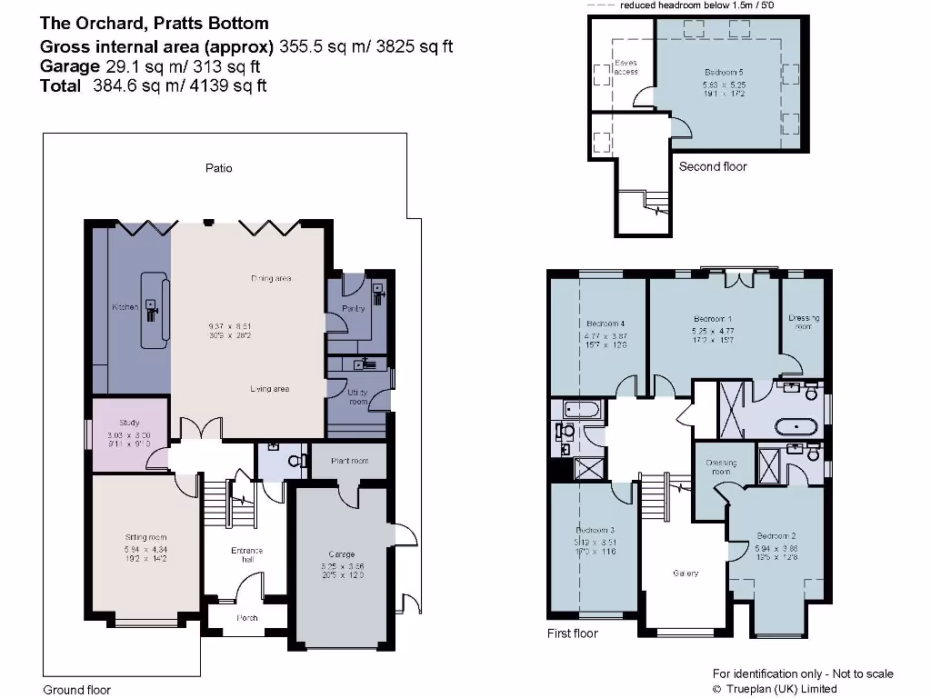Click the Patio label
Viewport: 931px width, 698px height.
[x=218, y=168]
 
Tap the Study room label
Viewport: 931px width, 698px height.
[x=129, y=423]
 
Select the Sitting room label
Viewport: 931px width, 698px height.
[x=145, y=537]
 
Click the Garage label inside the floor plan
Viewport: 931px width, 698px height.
[x=341, y=554]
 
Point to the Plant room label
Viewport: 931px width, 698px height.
[x=350, y=461]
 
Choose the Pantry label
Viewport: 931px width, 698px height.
[x=355, y=309]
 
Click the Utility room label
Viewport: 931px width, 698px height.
[x=357, y=396]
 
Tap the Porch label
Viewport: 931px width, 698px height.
[x=246, y=618]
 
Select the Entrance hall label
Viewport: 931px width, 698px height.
[x=246, y=555]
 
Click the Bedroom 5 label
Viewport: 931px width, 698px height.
[x=724, y=72]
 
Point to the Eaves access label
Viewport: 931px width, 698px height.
[x=626, y=67]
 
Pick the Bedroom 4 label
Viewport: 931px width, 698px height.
[x=605, y=324]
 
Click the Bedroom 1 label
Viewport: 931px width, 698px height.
[x=713, y=319]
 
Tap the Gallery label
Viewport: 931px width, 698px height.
[x=686, y=573]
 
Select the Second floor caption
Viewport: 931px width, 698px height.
[x=713, y=166]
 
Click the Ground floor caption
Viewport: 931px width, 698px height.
[x=77, y=690]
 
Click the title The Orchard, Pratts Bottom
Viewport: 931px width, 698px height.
[x=154, y=23]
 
